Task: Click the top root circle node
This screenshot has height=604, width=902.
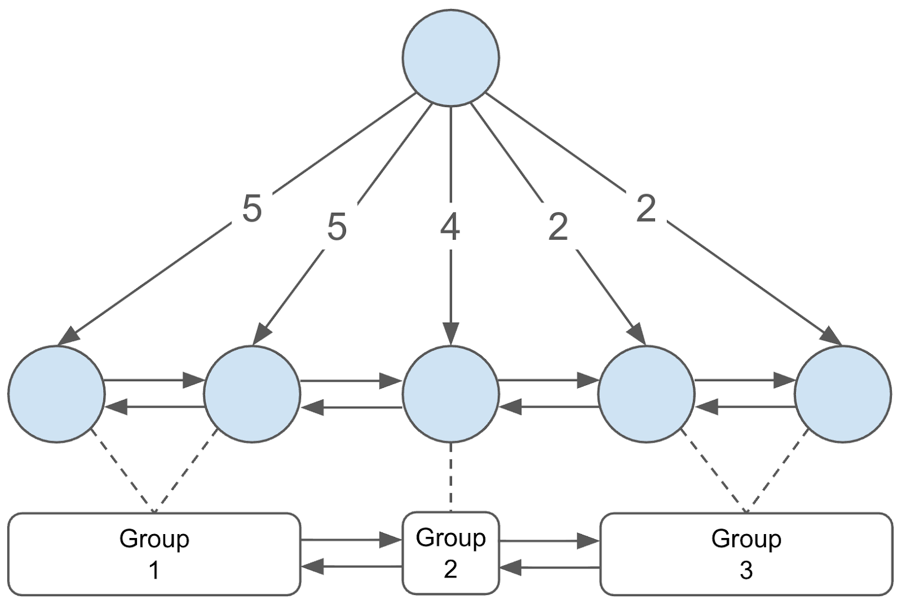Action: [x=450, y=58]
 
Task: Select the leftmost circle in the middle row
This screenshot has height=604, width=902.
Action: [x=56, y=394]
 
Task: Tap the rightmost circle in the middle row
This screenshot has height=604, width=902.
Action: [x=843, y=394]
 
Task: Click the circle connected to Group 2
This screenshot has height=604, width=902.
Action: [x=450, y=394]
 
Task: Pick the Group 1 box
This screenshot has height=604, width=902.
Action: [x=154, y=554]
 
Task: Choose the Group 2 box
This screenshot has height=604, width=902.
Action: [x=450, y=553]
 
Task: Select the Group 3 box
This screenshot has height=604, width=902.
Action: [x=746, y=554]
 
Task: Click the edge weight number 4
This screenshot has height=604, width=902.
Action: [x=450, y=227]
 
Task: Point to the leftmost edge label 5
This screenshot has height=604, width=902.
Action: [x=252, y=209]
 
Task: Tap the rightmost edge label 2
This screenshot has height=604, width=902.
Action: [x=645, y=209]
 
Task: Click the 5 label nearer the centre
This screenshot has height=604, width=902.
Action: [x=337, y=227]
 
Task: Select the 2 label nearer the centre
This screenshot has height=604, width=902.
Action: [x=558, y=227]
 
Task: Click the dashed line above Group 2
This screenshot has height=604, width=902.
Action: [x=450, y=477]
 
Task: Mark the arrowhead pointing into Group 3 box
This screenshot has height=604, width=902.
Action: [x=590, y=542]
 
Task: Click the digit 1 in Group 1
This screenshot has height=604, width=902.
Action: [x=154, y=570]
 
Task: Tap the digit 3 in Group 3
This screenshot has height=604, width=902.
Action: [x=746, y=570]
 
